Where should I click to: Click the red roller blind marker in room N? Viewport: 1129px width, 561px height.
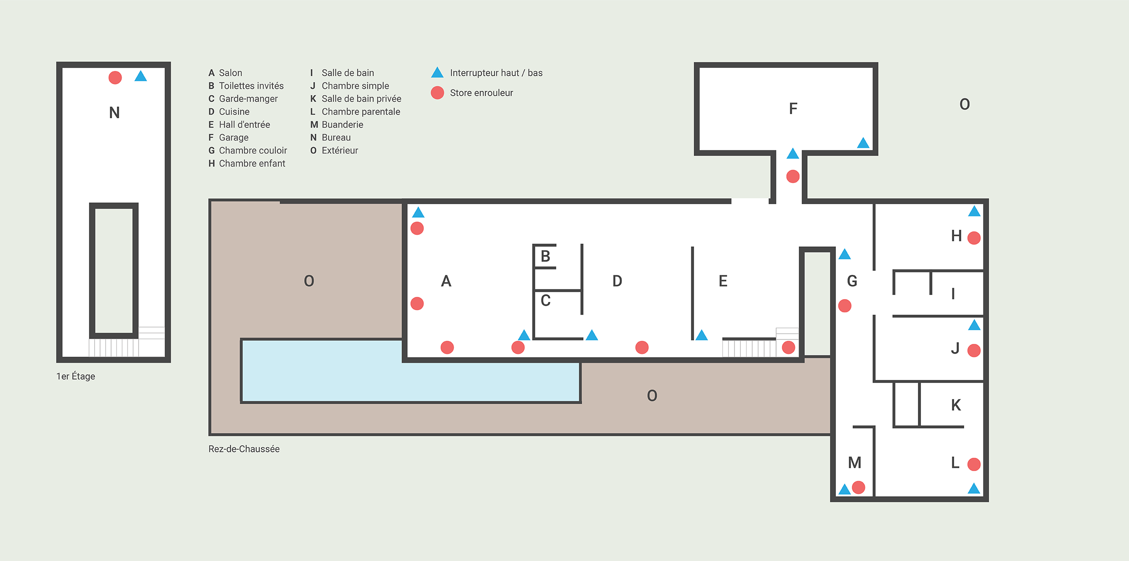[115, 78]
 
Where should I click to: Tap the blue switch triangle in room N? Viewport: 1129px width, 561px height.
[141, 76]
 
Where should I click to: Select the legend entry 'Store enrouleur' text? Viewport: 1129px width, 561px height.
[481, 93]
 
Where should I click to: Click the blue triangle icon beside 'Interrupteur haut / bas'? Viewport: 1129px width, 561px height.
[437, 73]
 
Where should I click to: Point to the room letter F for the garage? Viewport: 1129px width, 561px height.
[793, 109]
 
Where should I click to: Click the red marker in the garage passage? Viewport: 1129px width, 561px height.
[793, 176]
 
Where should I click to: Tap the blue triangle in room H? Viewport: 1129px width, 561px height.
[974, 211]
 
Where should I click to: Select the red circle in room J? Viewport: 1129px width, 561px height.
[974, 351]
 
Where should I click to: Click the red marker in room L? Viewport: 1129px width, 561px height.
[974, 464]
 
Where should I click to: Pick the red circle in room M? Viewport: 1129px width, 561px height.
[858, 487]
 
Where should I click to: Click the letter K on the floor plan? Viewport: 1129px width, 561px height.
[956, 405]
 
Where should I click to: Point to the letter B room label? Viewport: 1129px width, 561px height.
[545, 256]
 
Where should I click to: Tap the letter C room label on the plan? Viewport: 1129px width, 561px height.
[545, 300]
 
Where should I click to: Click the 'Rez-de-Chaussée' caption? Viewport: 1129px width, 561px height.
[244, 449]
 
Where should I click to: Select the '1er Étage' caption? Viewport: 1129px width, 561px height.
[76, 376]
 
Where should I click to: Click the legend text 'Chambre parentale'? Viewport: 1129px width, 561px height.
[361, 112]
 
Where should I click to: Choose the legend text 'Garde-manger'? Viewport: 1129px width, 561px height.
[248, 99]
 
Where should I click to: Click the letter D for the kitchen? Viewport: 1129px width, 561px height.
[617, 281]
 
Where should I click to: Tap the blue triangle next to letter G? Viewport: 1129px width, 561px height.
[845, 254]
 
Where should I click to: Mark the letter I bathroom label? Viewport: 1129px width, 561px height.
[953, 294]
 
